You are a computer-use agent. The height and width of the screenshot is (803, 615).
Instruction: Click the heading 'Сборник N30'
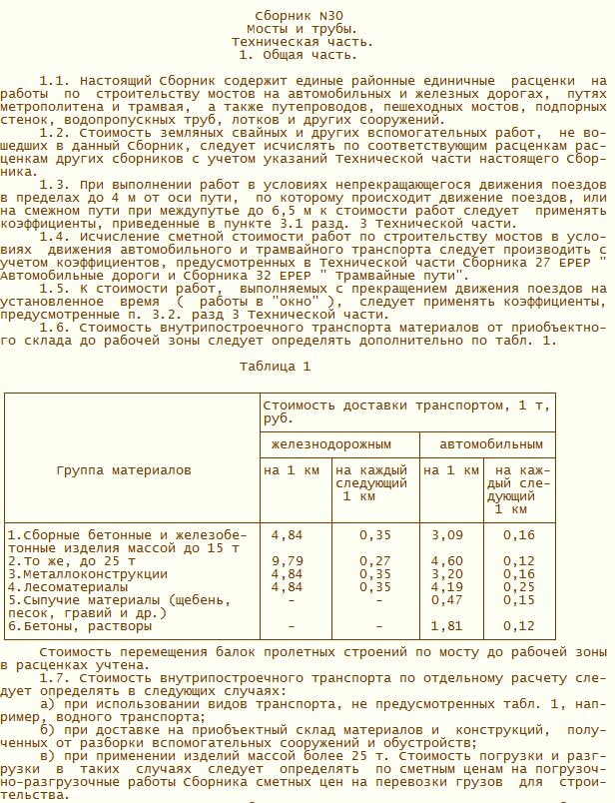tap(302, 17)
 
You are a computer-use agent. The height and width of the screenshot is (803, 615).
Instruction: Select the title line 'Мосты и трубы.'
tap(302, 30)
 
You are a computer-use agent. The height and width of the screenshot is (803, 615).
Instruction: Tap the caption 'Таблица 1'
tap(275, 367)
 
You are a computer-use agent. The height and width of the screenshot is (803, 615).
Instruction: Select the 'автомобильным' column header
tap(486, 443)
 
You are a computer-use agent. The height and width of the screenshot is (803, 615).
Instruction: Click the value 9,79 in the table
tap(287, 561)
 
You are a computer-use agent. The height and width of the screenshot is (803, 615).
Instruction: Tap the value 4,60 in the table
tap(447, 561)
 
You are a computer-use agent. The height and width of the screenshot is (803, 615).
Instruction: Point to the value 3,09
tap(447, 535)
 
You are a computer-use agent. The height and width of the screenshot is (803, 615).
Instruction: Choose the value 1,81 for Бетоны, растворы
tap(447, 626)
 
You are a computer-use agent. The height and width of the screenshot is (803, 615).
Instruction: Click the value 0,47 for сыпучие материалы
tap(447, 600)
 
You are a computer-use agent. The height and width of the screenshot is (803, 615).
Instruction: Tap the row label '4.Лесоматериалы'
tap(68, 587)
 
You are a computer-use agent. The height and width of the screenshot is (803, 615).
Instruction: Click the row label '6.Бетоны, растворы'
tap(80, 626)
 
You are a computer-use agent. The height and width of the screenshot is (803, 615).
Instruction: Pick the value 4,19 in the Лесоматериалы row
tap(447, 587)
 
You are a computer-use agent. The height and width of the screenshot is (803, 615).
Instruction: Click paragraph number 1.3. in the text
tap(55, 186)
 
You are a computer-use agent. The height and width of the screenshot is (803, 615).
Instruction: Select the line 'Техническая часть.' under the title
tap(302, 43)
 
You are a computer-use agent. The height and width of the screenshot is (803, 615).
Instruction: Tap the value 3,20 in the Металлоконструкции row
tap(447, 574)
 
